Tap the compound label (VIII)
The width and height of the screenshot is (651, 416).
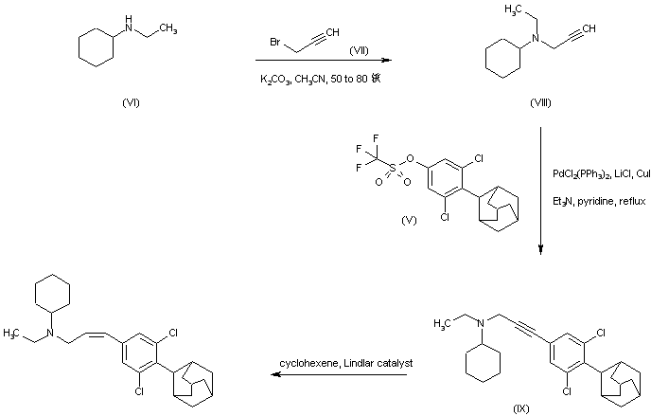(541, 101)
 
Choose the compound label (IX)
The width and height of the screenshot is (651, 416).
(520, 407)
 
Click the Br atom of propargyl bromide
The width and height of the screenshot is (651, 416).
(271, 45)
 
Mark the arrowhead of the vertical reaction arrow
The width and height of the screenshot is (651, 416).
(540, 250)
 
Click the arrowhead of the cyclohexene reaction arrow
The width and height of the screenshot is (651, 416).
(275, 374)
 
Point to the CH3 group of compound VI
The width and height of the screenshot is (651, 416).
(167, 29)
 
